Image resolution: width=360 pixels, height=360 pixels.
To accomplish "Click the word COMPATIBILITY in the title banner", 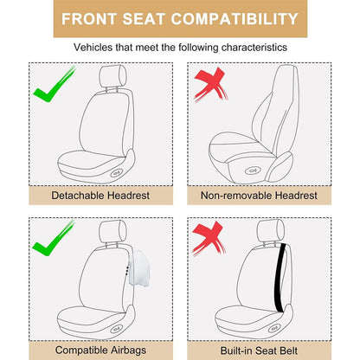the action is [x=235, y=19].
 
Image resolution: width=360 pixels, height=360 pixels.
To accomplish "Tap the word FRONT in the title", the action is [x=89, y=19].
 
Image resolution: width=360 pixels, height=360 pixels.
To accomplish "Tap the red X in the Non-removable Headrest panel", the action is [x=210, y=84].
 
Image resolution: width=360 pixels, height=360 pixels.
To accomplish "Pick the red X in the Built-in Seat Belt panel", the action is [x=209, y=238].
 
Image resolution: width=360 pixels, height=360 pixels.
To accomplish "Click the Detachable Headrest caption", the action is [x=100, y=196].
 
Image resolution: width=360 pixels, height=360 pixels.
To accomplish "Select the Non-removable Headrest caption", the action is [x=259, y=196].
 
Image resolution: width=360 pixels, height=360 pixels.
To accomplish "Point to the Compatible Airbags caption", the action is [x=100, y=350].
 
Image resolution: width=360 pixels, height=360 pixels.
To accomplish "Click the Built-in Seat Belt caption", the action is [x=259, y=350].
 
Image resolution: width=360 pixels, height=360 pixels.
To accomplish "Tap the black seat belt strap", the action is [x=280, y=279].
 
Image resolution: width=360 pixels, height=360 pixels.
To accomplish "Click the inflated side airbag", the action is [x=139, y=267].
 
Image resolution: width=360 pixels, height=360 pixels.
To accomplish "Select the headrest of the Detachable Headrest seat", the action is [x=112, y=76].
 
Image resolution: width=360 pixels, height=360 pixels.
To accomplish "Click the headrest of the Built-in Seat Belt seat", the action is [x=271, y=230].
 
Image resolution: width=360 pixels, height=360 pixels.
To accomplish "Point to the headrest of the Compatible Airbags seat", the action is [x=112, y=231].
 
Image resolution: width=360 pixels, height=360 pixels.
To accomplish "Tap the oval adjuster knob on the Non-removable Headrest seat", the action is [x=251, y=170].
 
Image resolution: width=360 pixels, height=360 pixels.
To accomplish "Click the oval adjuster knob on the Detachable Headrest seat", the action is [x=116, y=174].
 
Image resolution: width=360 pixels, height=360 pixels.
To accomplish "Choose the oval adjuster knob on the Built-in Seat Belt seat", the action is [x=274, y=328].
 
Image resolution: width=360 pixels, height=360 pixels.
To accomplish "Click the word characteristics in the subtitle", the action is [x=254, y=47].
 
